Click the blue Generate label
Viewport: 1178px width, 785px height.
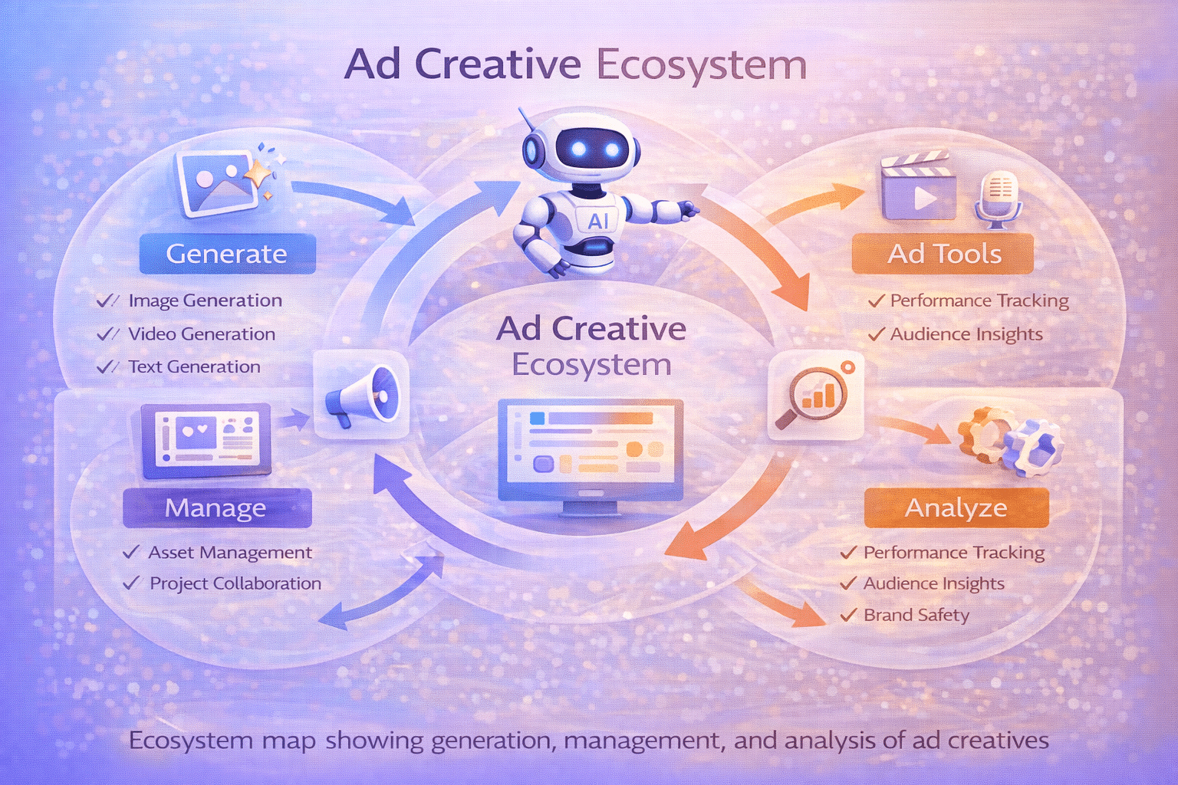[x=227, y=254]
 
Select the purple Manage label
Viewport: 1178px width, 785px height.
[x=217, y=507]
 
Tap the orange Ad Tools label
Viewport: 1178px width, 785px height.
[x=943, y=254]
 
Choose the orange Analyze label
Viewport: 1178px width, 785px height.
[x=956, y=507]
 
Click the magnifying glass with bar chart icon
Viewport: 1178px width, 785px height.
[x=814, y=396]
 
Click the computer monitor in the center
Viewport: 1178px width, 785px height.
[x=590, y=452]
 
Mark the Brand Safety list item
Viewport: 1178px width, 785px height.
[x=916, y=615]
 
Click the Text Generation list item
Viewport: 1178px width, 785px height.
[x=194, y=367]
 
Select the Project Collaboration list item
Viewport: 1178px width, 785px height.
[x=235, y=583]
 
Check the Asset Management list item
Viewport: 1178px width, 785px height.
[x=229, y=553]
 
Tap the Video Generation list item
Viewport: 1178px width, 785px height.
[x=201, y=334]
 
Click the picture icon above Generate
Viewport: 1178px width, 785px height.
[x=216, y=182]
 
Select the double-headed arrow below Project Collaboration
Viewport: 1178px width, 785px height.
[x=381, y=590]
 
